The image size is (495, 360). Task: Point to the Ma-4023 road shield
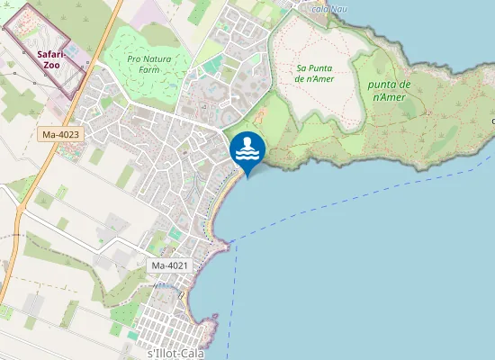point(61,135)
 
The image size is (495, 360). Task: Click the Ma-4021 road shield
point(170,265)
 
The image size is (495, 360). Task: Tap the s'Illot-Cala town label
point(175,354)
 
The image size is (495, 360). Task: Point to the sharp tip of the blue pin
point(247,176)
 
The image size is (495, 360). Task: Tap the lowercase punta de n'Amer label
point(390,90)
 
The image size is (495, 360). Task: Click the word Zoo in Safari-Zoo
point(52,65)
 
